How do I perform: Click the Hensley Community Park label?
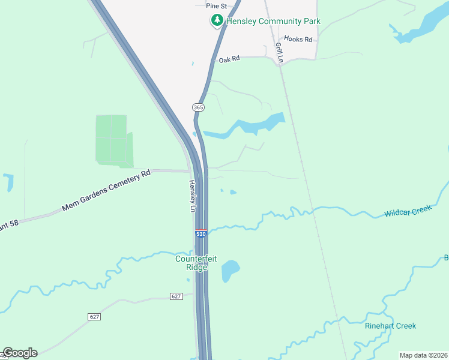click(x=273, y=22)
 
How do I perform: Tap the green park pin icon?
click(x=216, y=21)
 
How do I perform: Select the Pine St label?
click(x=216, y=5)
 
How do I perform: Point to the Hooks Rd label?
click(x=298, y=40)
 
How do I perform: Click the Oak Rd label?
click(x=229, y=59)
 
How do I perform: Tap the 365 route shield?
click(x=199, y=107)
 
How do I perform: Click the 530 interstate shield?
click(x=201, y=233)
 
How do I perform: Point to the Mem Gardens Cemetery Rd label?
click(x=106, y=192)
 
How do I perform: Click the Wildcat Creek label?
click(x=408, y=211)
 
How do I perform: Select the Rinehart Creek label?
click(x=390, y=326)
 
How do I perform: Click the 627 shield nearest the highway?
click(x=176, y=296)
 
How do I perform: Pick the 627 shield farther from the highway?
click(x=94, y=316)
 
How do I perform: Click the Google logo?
click(x=20, y=353)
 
